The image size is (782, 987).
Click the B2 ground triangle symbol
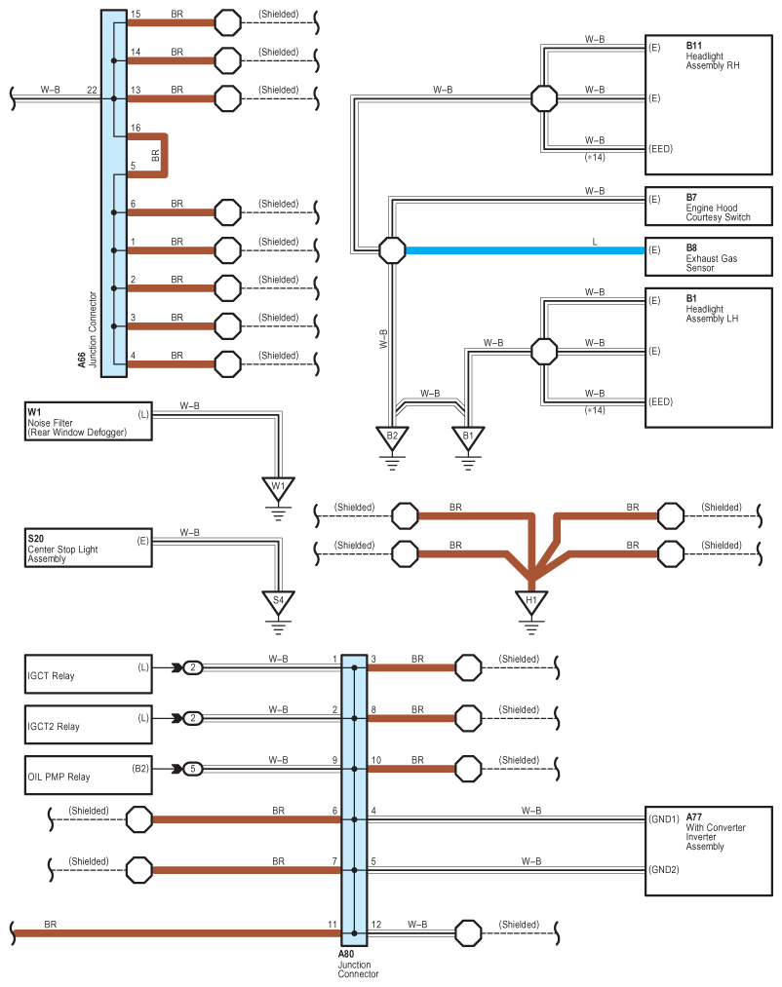coord(392,437)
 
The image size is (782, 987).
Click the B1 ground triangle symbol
coord(468,437)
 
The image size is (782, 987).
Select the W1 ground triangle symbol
coord(278,487)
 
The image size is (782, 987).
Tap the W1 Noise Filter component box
coord(89,422)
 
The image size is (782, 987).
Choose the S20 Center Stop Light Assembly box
coord(89,550)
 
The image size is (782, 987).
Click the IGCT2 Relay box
coord(89,726)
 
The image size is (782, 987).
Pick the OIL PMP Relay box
coord(89,777)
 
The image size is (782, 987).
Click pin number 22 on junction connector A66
coord(92,90)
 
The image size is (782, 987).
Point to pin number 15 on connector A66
coord(136,15)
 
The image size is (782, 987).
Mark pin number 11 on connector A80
coord(333,924)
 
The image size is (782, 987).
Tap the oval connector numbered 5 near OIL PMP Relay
coord(194,769)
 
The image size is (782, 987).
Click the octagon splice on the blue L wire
coord(392,250)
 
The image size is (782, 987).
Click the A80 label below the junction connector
coord(347,955)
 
